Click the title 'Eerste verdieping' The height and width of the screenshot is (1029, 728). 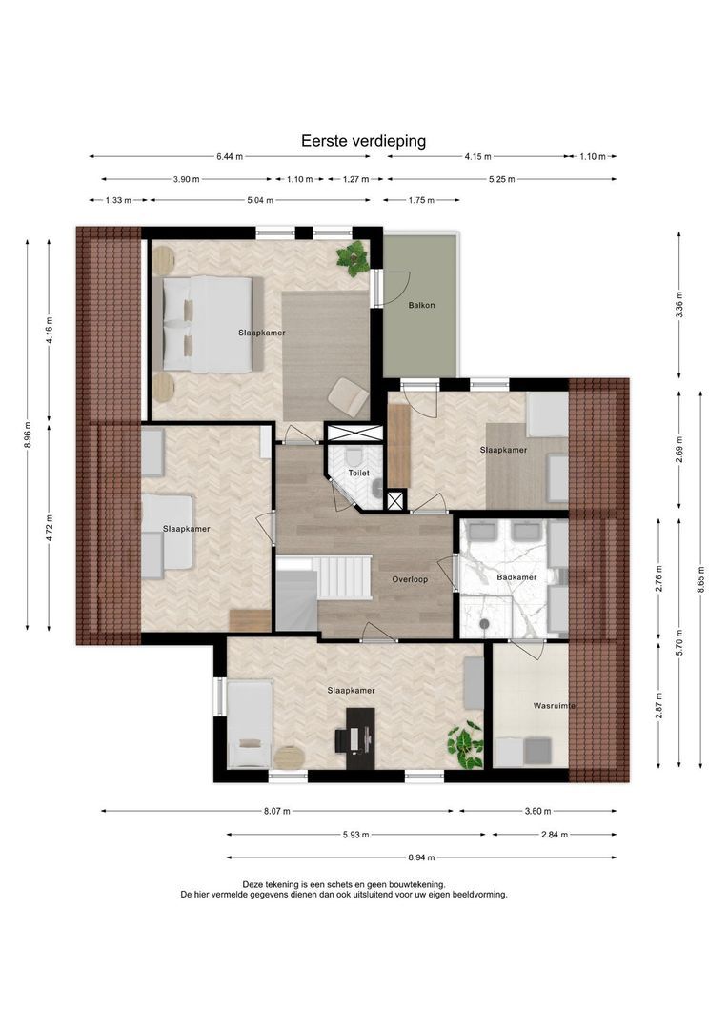tap(363, 141)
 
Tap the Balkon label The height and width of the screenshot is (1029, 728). tap(421, 305)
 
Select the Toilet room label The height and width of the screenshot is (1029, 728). tap(358, 473)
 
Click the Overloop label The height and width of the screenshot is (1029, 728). tap(410, 579)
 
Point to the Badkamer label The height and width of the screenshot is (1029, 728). tap(516, 577)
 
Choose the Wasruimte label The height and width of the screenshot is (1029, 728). tap(554, 706)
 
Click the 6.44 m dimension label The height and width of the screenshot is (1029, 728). tap(230, 157)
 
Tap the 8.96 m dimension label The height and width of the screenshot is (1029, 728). tap(28, 434)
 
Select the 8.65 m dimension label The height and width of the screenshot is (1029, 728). tap(701, 579)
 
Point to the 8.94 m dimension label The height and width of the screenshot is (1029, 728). tap(421, 857)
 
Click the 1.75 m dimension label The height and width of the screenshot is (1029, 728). tap(421, 200)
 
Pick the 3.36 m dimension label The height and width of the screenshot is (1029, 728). tap(679, 305)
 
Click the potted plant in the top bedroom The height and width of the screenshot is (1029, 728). tap(354, 257)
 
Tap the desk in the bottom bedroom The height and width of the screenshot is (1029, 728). tap(360, 737)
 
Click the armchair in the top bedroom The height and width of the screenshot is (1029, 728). tap(349, 397)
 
